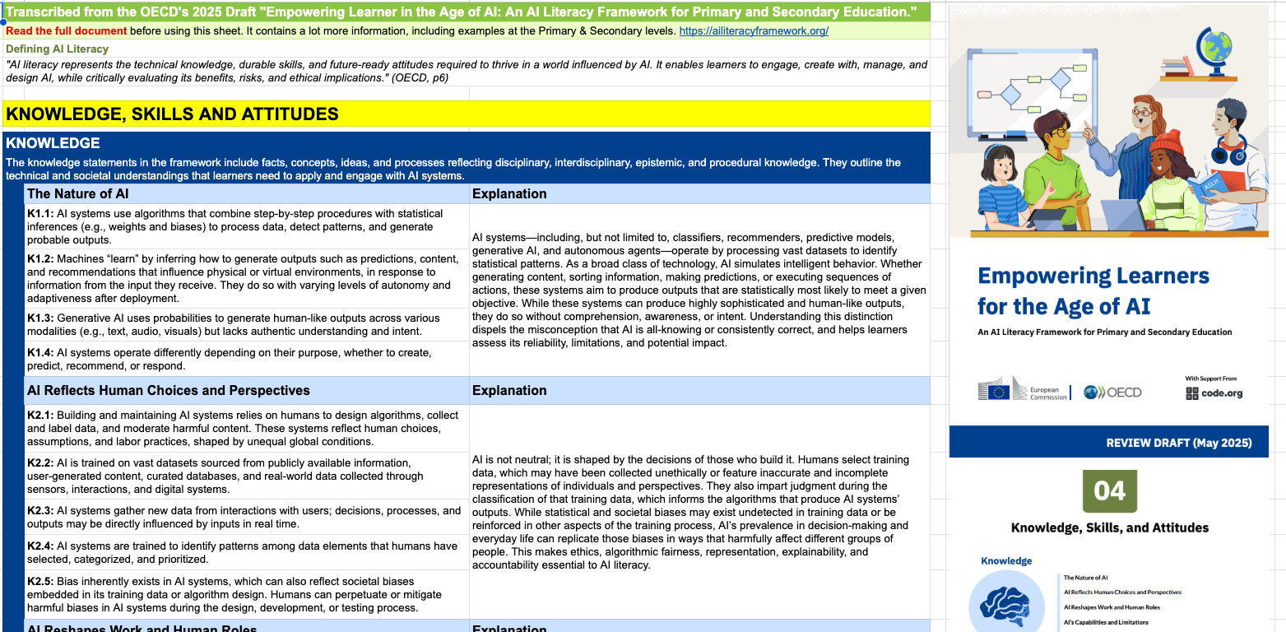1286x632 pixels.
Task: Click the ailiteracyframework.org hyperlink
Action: pyautogui.click(x=754, y=31)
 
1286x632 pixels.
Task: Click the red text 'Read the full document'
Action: pyautogui.click(x=66, y=31)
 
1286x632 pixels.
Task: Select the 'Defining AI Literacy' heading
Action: pyautogui.click(x=57, y=49)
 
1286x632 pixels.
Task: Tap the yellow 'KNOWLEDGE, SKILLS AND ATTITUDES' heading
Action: pyautogui.click(x=172, y=114)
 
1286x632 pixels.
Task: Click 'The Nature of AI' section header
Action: pyautogui.click(x=77, y=194)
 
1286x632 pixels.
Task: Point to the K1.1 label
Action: pyautogui.click(x=40, y=214)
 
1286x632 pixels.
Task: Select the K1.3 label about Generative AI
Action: pyautogui.click(x=40, y=318)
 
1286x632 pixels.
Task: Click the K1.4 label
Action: pyautogui.click(x=40, y=353)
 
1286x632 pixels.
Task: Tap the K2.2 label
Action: pyautogui.click(x=40, y=463)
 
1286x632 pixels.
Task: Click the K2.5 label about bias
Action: pyautogui.click(x=40, y=582)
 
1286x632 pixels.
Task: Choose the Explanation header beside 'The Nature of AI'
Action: pyautogui.click(x=509, y=194)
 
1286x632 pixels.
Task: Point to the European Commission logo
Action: pyautogui.click(x=1022, y=390)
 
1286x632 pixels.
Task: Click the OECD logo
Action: pyautogui.click(x=1112, y=393)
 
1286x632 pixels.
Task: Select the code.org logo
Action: pyautogui.click(x=1214, y=393)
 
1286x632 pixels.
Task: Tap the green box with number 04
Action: pyautogui.click(x=1109, y=491)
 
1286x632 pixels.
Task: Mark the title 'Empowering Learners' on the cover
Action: pyautogui.click(x=1093, y=276)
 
